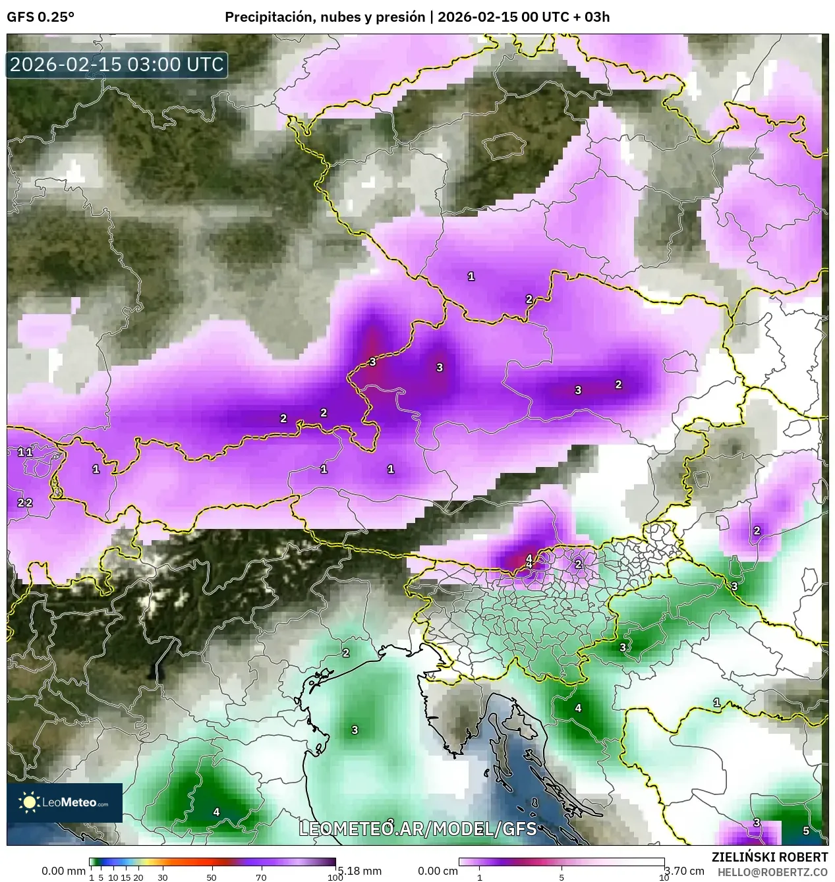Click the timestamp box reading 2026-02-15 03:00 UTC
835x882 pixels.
[x=117, y=65]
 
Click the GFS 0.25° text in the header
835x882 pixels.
[x=40, y=17]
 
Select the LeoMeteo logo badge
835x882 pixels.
[x=65, y=802]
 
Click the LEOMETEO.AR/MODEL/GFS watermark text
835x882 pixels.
[x=418, y=829]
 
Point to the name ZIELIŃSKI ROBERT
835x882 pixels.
[x=769, y=857]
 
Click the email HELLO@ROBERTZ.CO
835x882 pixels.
[x=772, y=871]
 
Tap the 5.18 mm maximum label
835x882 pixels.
[x=359, y=871]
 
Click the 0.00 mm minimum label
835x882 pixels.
[x=63, y=871]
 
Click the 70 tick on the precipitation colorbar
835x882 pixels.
[x=261, y=877]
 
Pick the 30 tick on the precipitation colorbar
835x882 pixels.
[x=163, y=877]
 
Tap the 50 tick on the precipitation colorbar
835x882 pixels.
[x=212, y=877]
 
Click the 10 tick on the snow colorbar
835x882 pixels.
[x=664, y=877]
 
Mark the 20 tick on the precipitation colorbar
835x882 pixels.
[x=138, y=877]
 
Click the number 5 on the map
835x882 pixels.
[x=806, y=831]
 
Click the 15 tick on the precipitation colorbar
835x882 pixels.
[x=125, y=877]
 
